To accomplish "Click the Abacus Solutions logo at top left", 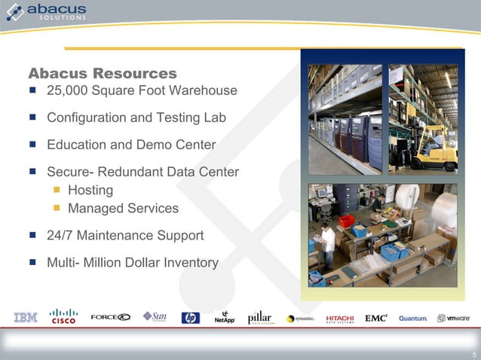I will coord(46,13).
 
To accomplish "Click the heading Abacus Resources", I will coord(103,73).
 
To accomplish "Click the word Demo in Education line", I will coord(158,145).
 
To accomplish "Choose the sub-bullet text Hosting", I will coord(90,191).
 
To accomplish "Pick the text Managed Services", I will coord(123,209).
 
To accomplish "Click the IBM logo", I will coord(25,318).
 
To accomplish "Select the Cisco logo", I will coord(63,316).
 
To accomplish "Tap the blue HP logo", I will coord(190,318).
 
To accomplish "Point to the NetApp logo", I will coord(225,318).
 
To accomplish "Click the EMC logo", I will coord(375,318).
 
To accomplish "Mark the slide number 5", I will coord(473,355).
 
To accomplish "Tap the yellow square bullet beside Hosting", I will coord(55,191).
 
